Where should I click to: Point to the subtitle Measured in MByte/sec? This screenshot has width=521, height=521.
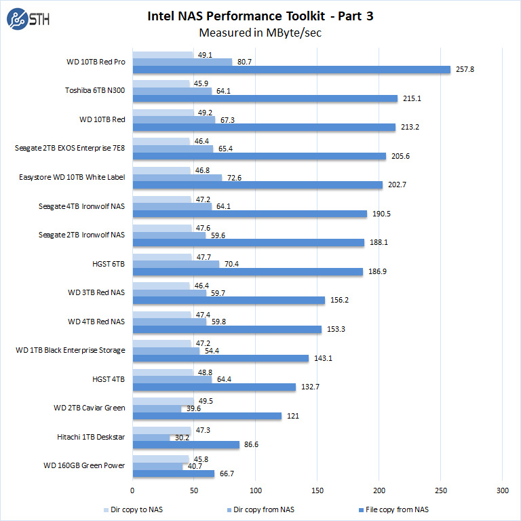(260, 33)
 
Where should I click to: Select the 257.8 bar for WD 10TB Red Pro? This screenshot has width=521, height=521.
(291, 69)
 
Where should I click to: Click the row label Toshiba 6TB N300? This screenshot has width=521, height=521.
(95, 90)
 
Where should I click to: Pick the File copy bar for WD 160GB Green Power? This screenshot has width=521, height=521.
(173, 474)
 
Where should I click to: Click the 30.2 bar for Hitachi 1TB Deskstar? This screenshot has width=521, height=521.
(151, 438)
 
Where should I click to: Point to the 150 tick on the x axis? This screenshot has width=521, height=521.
(317, 490)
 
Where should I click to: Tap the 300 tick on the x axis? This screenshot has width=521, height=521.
(502, 490)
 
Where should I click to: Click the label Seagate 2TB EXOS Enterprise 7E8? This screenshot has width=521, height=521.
(70, 148)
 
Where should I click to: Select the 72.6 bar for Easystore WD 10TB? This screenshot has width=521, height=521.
(177, 178)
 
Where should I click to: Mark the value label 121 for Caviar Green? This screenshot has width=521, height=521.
(293, 416)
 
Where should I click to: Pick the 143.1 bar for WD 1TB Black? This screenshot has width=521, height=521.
(220, 358)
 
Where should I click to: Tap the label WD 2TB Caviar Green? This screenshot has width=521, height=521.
(90, 408)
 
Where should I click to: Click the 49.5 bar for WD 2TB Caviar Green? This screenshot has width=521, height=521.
(163, 401)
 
